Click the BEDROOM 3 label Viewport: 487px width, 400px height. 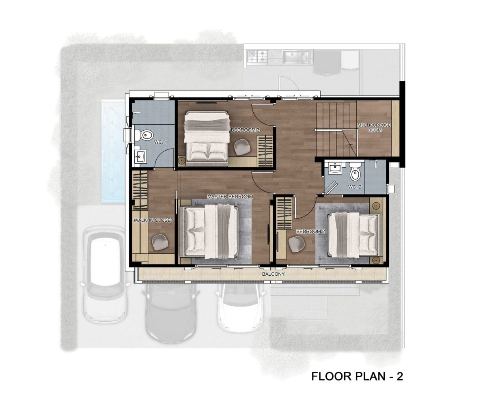245,130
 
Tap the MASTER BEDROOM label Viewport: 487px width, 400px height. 230,197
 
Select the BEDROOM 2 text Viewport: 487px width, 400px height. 310,231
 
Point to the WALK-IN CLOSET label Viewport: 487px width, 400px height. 153,220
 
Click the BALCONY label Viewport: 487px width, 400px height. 274,274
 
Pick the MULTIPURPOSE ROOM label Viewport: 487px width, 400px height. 374,128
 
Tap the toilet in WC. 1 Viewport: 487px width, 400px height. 144,135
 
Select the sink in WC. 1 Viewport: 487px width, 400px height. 140,157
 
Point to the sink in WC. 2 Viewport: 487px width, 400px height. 336,167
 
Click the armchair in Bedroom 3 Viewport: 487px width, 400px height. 242,147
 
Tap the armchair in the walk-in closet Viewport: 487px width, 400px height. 160,242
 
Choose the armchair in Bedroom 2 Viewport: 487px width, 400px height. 297,244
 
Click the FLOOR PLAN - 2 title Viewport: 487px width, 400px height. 357,376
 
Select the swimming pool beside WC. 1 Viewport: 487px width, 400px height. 113,151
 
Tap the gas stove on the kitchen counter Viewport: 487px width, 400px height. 257,56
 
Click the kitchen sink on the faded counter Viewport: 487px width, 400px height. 296,57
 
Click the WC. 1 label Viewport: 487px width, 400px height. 160,142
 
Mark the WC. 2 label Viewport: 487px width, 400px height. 355,187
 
